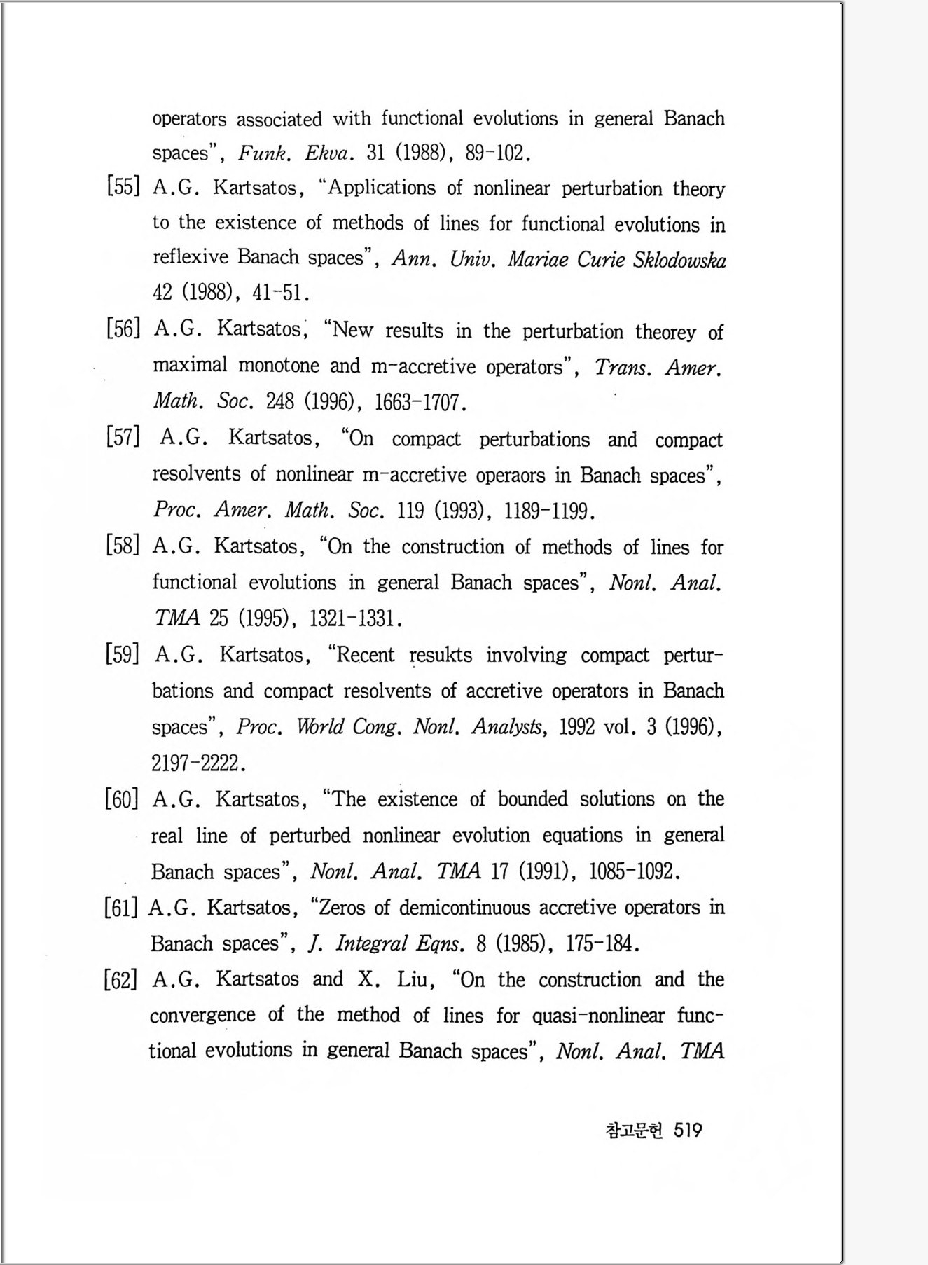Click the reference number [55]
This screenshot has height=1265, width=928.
point(123,187)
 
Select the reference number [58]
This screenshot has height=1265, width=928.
point(123,546)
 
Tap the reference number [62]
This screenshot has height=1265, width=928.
point(121,979)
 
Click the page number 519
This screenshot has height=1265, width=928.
point(687,1130)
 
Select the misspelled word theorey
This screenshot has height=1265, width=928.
point(665,331)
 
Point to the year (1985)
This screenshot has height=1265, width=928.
point(520,943)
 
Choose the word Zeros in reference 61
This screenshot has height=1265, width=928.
point(342,908)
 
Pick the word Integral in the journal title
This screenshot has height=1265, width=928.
point(371,943)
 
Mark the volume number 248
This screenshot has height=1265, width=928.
point(279,401)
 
